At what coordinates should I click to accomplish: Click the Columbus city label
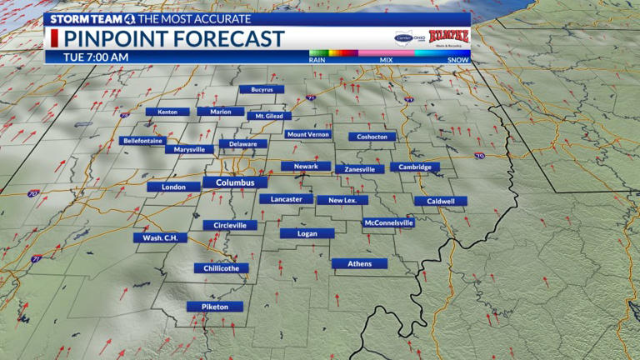click(235, 182)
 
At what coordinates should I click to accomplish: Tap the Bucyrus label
click(262, 89)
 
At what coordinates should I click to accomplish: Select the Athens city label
click(359, 263)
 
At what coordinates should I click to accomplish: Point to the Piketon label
click(214, 307)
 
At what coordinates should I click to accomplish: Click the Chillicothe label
click(221, 268)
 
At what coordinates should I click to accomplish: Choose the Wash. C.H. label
click(160, 237)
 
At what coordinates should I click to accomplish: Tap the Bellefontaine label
click(145, 141)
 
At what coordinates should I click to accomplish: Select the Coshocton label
click(372, 137)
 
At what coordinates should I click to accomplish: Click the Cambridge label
click(414, 167)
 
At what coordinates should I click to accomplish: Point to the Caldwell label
click(441, 201)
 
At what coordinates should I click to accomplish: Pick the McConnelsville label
click(388, 222)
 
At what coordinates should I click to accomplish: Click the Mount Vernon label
click(307, 134)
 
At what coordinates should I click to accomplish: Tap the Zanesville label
click(360, 168)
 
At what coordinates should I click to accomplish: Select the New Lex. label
click(342, 200)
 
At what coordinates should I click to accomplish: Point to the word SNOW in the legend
click(458, 59)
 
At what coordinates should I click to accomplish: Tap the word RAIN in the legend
click(317, 59)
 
